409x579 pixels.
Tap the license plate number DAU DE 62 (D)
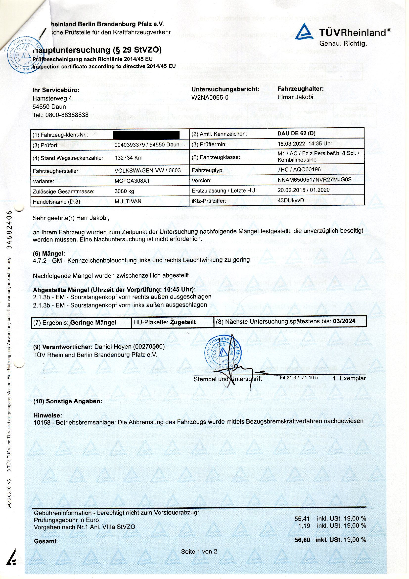(x=296, y=134)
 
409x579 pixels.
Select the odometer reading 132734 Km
(x=128, y=158)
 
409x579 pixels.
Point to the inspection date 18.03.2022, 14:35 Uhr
(x=305, y=144)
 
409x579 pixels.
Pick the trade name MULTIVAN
(x=128, y=202)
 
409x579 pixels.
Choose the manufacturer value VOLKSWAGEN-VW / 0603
(x=148, y=170)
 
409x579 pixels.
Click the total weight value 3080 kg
(x=124, y=191)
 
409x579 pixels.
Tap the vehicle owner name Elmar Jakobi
(x=295, y=97)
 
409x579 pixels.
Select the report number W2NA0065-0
(x=210, y=98)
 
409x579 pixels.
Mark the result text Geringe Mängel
(x=93, y=322)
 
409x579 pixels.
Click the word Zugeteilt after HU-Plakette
(x=183, y=322)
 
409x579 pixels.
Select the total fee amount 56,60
(x=302, y=540)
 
